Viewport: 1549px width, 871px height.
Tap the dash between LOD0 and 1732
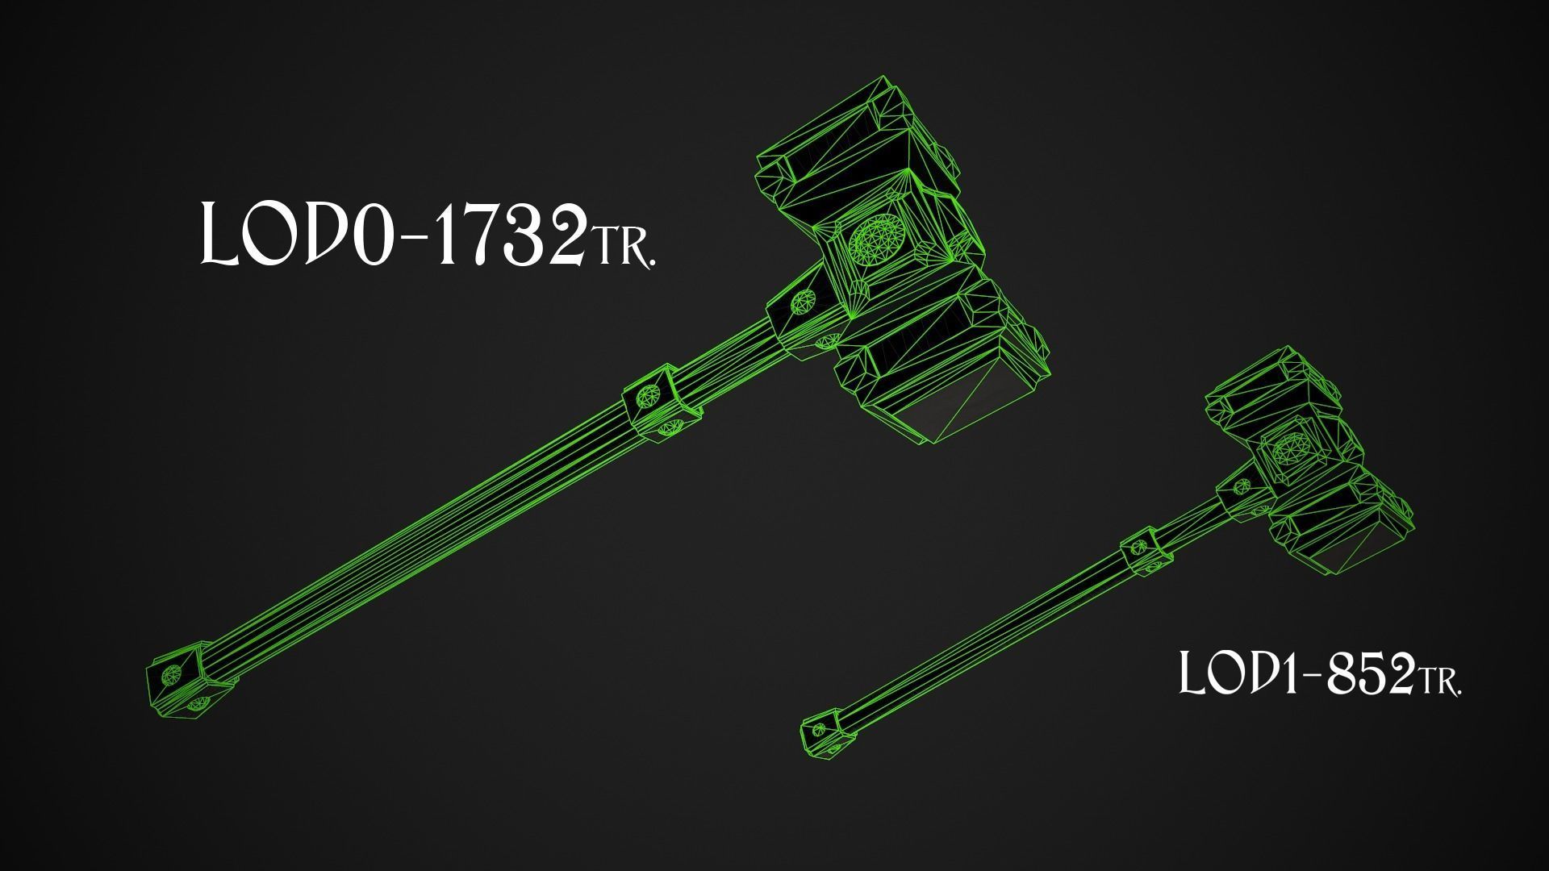(407, 242)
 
